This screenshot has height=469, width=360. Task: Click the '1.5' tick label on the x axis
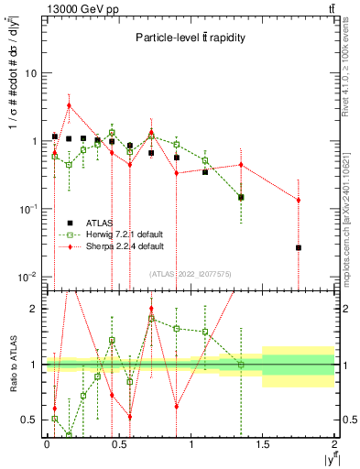coord(263,444)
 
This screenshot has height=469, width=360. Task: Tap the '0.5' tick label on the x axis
coord(118,444)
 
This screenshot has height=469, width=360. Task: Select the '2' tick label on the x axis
coord(334,444)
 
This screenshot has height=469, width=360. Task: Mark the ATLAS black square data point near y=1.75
coord(299,247)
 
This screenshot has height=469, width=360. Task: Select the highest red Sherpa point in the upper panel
coord(69,105)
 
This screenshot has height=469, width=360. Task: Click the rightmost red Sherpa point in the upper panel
coord(299,200)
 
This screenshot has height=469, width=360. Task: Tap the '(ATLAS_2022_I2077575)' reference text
coord(191,273)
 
